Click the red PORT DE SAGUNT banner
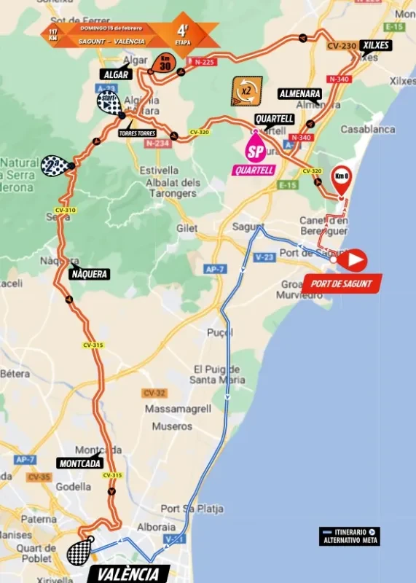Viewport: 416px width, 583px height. click(x=342, y=283)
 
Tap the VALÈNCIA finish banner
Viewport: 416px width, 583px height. click(x=127, y=574)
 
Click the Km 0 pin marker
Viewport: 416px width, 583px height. click(x=341, y=178)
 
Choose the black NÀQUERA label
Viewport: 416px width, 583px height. click(x=90, y=274)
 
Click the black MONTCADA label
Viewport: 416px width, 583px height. click(x=79, y=463)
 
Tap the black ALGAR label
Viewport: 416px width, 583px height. click(x=116, y=74)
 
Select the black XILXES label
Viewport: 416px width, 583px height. click(x=374, y=45)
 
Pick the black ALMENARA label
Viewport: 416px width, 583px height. click(x=299, y=94)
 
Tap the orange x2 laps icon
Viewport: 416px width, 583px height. click(x=246, y=92)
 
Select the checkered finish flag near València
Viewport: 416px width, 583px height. click(x=79, y=551)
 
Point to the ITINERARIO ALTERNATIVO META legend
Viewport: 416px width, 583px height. click(x=349, y=536)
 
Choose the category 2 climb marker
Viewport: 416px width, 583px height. click(x=57, y=165)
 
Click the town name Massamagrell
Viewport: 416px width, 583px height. click(x=178, y=409)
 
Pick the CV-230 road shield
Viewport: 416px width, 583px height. click(x=341, y=46)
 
